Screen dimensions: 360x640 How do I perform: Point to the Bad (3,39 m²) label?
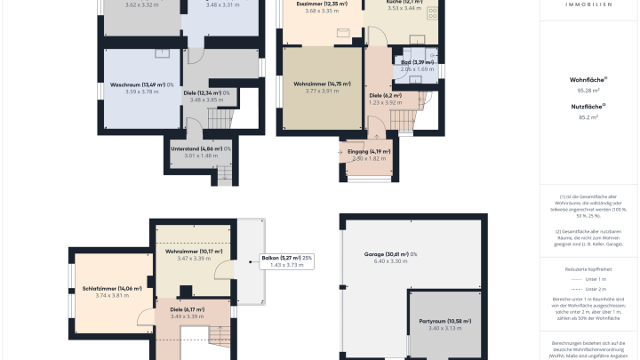[x=417, y=62]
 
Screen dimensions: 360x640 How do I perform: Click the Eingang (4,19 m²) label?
[x=363, y=152]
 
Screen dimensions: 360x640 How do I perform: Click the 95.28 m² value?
[x=588, y=91]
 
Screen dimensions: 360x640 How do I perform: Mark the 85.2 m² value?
[x=588, y=116]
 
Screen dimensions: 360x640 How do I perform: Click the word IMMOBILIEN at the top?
[x=588, y=4]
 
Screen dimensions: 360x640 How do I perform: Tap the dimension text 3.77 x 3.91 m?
[x=322, y=92]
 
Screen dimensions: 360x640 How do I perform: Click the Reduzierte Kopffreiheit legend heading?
[x=588, y=267]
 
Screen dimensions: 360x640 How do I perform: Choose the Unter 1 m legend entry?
[x=596, y=278]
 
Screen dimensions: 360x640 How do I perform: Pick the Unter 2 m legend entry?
[x=596, y=289]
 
